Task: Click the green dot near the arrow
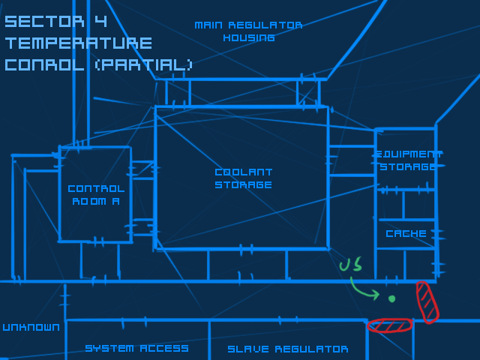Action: pyautogui.click(x=391, y=298)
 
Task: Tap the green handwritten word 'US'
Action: pyautogui.click(x=350, y=265)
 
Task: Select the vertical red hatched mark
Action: pyautogui.click(x=427, y=301)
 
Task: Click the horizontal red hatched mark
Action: pyautogui.click(x=390, y=325)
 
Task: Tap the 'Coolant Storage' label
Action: pyautogui.click(x=243, y=178)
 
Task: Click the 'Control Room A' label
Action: pyautogui.click(x=95, y=194)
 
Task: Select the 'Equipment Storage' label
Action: pyautogui.click(x=407, y=160)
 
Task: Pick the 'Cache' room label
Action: pyautogui.click(x=406, y=233)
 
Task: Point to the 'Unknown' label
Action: pyautogui.click(x=31, y=327)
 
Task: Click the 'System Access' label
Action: pyautogui.click(x=136, y=348)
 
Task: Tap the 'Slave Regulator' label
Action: pyautogui.click(x=287, y=349)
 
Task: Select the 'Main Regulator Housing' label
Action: pyautogui.click(x=248, y=31)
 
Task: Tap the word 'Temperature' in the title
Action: pyautogui.click(x=78, y=43)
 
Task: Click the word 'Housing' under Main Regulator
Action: pyautogui.click(x=248, y=37)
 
